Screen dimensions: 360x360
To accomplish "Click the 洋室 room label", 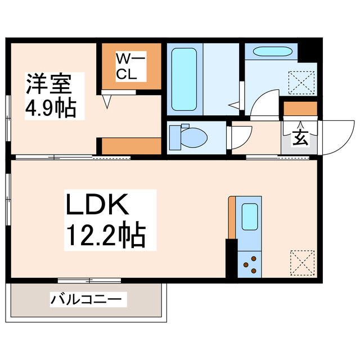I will tap(48, 84).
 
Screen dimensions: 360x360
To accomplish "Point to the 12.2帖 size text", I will tap(107, 235).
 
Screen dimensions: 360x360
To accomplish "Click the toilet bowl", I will tap(188, 136).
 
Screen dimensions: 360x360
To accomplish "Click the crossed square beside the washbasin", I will tap(302, 82).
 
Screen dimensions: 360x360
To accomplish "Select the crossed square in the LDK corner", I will tap(301, 262).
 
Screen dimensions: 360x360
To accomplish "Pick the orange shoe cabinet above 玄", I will tap(300, 108).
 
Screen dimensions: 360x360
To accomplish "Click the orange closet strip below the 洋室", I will tap(132, 145).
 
